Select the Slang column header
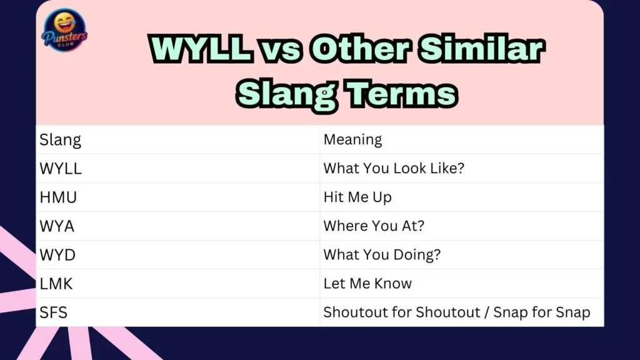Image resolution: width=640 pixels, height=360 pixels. coord(60,139)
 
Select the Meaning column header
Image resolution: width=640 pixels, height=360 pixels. coord(352,139)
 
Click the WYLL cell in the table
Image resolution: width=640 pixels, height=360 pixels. coord(61,169)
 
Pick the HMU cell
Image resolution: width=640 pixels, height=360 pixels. coord(59,197)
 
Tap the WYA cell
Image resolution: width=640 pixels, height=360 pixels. coord(57,226)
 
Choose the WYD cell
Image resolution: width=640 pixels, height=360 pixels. coord(57,255)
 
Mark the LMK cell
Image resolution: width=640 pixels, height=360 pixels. coord(56,284)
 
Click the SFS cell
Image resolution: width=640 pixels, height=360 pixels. coord(54,312)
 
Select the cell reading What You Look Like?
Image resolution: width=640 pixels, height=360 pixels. coord(394,169)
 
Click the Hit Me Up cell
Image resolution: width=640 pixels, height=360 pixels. coord(357,197)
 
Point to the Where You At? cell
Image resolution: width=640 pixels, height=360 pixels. coord(374,226)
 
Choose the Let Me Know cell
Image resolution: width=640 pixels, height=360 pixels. coord(367,284)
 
